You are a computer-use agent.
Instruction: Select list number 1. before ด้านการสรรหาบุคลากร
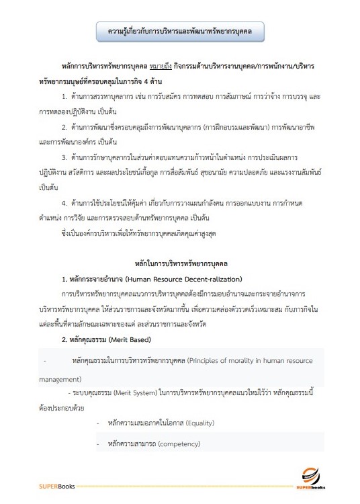coord(64,98)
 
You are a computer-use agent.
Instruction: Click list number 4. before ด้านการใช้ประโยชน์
coord(64,202)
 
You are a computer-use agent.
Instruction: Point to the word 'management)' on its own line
coord(59,379)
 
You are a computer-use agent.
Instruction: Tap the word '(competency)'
coord(179,445)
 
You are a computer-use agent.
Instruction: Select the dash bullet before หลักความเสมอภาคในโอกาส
coord(98,423)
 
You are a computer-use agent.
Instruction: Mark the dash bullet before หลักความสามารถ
coord(98,445)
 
